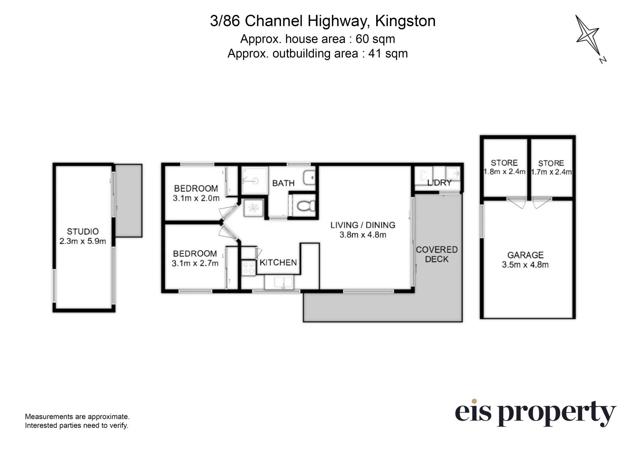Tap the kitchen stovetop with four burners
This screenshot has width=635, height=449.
pyautogui.click(x=248, y=268)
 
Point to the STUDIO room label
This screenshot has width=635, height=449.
pyautogui.click(x=83, y=232)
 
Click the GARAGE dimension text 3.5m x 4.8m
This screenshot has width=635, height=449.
pyautogui.click(x=525, y=265)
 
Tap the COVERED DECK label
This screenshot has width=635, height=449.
pyautogui.click(x=437, y=254)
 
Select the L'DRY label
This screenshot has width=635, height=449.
pyautogui.click(x=439, y=183)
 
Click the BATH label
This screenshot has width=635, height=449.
pyautogui.click(x=283, y=183)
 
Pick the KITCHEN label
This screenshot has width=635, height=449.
pyautogui.click(x=278, y=263)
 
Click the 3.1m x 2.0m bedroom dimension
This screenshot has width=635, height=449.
pyautogui.click(x=196, y=198)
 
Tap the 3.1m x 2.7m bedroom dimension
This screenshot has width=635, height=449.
pyautogui.click(x=195, y=264)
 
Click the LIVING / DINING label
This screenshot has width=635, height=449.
pyautogui.click(x=363, y=225)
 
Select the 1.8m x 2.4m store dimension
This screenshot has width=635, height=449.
pyautogui.click(x=504, y=172)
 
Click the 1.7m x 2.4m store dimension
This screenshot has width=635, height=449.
pyautogui.click(x=551, y=172)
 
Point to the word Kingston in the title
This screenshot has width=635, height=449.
pyautogui.click(x=405, y=21)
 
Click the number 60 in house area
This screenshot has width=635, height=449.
pyautogui.click(x=362, y=39)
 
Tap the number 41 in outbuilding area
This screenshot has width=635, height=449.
pyautogui.click(x=375, y=54)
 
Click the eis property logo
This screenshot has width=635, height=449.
pyautogui.click(x=536, y=413)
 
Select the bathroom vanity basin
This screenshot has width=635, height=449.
pyautogui.click(x=310, y=178)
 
